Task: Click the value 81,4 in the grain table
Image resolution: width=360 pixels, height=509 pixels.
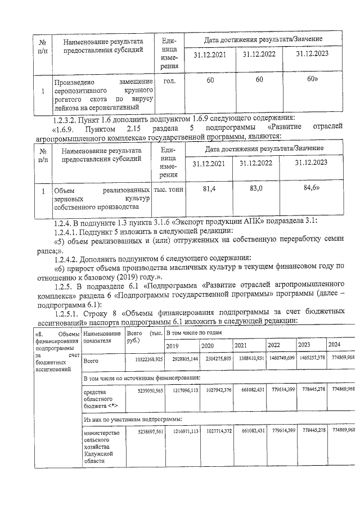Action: (x=210, y=190)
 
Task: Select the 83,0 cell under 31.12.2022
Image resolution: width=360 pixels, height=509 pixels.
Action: (x=256, y=190)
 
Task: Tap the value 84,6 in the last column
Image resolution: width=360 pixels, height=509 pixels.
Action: (x=312, y=188)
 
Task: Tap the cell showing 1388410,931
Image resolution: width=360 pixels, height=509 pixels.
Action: (x=249, y=358)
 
